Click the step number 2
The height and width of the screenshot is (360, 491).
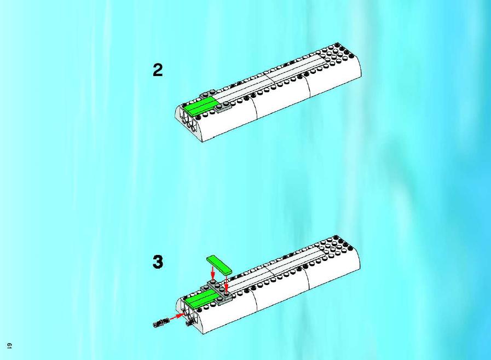pos(158,70)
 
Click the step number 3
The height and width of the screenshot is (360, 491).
pos(158,262)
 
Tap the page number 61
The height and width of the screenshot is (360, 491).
pos(9,346)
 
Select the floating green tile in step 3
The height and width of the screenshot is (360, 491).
pos(218,265)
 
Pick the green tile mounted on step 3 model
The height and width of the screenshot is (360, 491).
pos(200,298)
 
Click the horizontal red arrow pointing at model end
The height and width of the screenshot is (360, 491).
pos(177,316)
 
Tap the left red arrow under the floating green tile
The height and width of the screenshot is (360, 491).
pos(212,272)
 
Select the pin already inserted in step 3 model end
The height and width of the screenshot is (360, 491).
pos(189,323)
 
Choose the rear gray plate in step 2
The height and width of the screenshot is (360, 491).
pos(207,94)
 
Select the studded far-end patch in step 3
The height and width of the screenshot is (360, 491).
pos(336,246)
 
